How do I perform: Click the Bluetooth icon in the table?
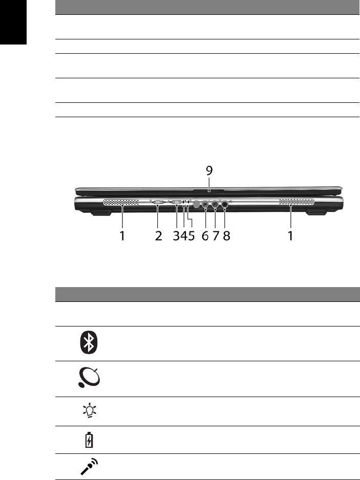coord(89,343)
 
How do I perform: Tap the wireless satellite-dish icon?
coord(89,378)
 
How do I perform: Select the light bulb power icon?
coord(89,411)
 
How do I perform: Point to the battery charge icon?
coord(89,440)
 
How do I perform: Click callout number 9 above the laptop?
coord(209,170)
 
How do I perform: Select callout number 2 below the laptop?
coord(158,236)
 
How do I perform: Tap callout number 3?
coord(176,236)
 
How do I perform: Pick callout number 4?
coord(183,236)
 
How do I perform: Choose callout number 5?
coord(191,236)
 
